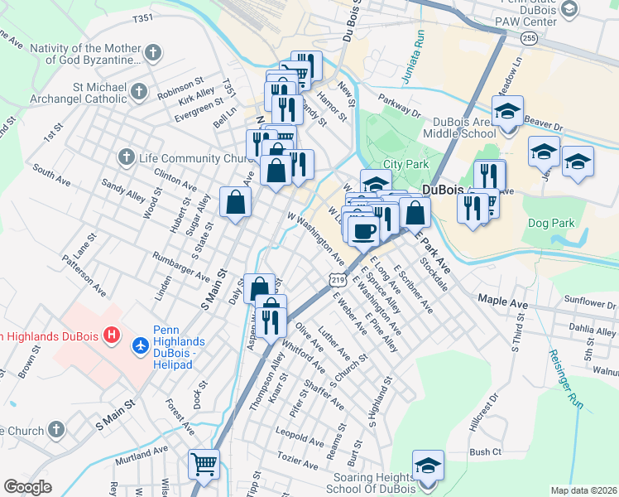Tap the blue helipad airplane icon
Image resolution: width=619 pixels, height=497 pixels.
coord(141,342)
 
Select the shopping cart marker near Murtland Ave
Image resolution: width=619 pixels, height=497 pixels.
coord(203,464)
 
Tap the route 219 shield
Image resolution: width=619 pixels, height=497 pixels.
coord(338,282)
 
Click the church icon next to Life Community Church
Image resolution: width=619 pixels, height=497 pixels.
coord(126,157)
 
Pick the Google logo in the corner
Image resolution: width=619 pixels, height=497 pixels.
coord(27,487)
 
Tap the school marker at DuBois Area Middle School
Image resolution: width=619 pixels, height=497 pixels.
coord(507,111)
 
